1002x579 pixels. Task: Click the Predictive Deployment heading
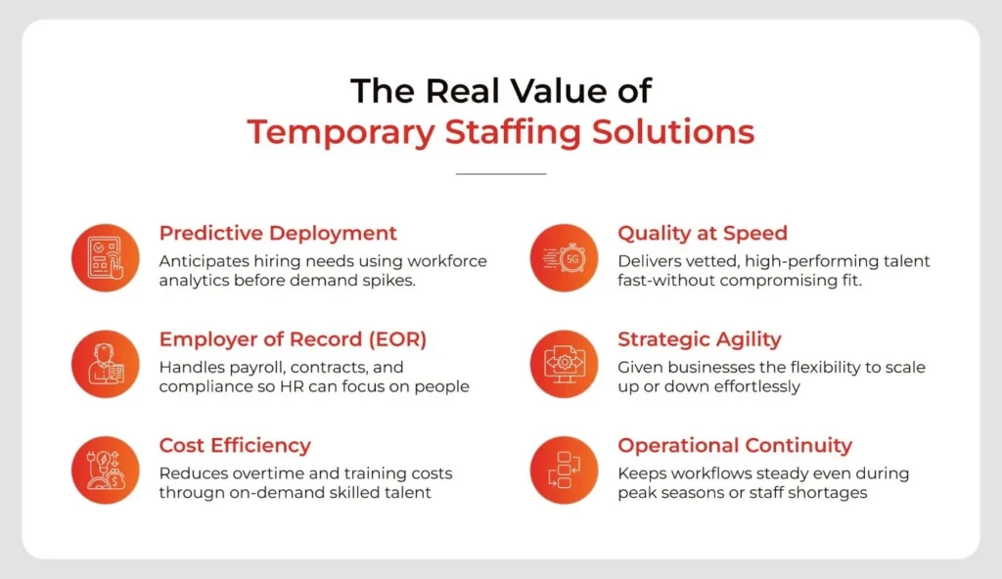[x=278, y=234]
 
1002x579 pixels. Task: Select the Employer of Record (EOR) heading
[x=293, y=339]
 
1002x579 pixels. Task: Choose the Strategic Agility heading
[x=699, y=339]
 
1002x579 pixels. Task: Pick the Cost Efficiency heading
[x=235, y=446]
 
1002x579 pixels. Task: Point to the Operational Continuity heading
[x=734, y=446]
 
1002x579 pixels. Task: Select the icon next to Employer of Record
[x=105, y=363]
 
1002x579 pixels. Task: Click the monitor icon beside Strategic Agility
[x=564, y=363]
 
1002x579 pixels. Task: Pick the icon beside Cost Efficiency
[x=105, y=469]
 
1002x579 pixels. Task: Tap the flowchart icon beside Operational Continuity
[x=564, y=469]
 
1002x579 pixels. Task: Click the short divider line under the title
[x=501, y=174]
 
